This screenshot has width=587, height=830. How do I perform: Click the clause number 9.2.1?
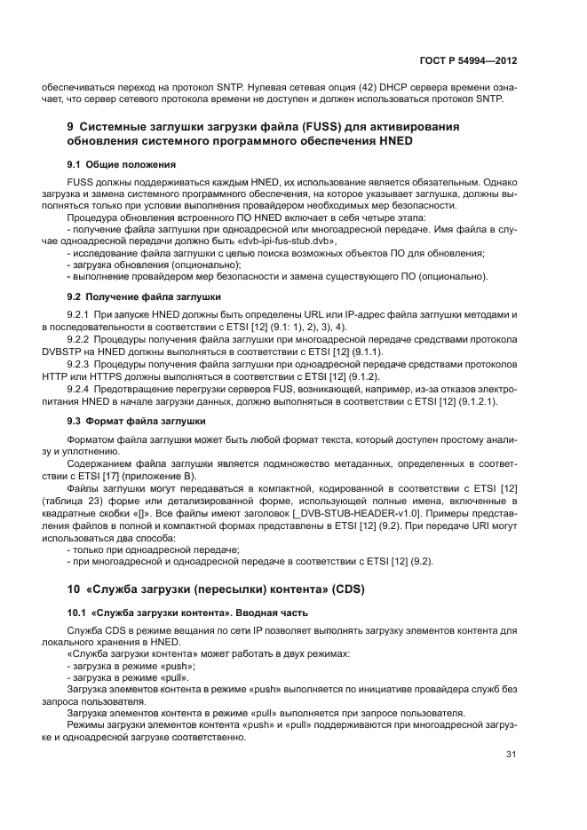81,315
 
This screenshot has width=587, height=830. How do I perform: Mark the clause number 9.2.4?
81,390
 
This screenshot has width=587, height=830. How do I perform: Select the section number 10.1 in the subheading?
77,613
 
